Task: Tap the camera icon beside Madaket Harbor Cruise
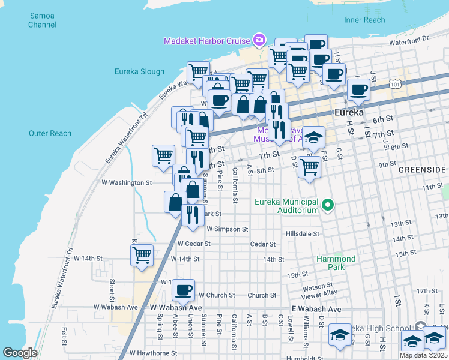pyautogui.click(x=259, y=40)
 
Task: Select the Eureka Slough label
pyautogui.click(x=139, y=72)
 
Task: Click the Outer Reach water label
pyautogui.click(x=50, y=133)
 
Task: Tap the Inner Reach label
pyautogui.click(x=364, y=20)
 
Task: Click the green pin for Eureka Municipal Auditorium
pyautogui.click(x=328, y=206)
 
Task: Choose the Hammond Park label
pyautogui.click(x=336, y=263)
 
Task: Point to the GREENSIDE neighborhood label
pyautogui.click(x=423, y=170)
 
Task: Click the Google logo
pyautogui.click(x=20, y=353)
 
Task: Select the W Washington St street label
pyautogui.click(x=122, y=182)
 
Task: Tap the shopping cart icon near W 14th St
pyautogui.click(x=142, y=255)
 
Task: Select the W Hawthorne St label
pyautogui.click(x=153, y=353)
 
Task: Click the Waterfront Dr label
pyautogui.click(x=409, y=38)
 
